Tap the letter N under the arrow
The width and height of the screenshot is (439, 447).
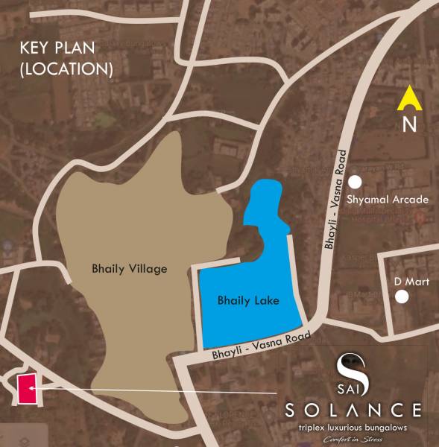(x=409, y=124)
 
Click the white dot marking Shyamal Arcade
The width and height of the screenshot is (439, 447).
(x=356, y=182)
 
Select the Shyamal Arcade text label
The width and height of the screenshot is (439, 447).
(x=394, y=200)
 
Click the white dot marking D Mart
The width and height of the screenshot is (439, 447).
(x=403, y=297)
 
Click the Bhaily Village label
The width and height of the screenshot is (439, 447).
(x=129, y=268)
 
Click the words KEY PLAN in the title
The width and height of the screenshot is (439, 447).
(x=58, y=50)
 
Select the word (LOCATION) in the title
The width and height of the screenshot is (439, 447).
(x=66, y=69)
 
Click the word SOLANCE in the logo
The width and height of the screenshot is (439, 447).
(x=355, y=410)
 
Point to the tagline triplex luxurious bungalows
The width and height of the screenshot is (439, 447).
(x=356, y=428)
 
